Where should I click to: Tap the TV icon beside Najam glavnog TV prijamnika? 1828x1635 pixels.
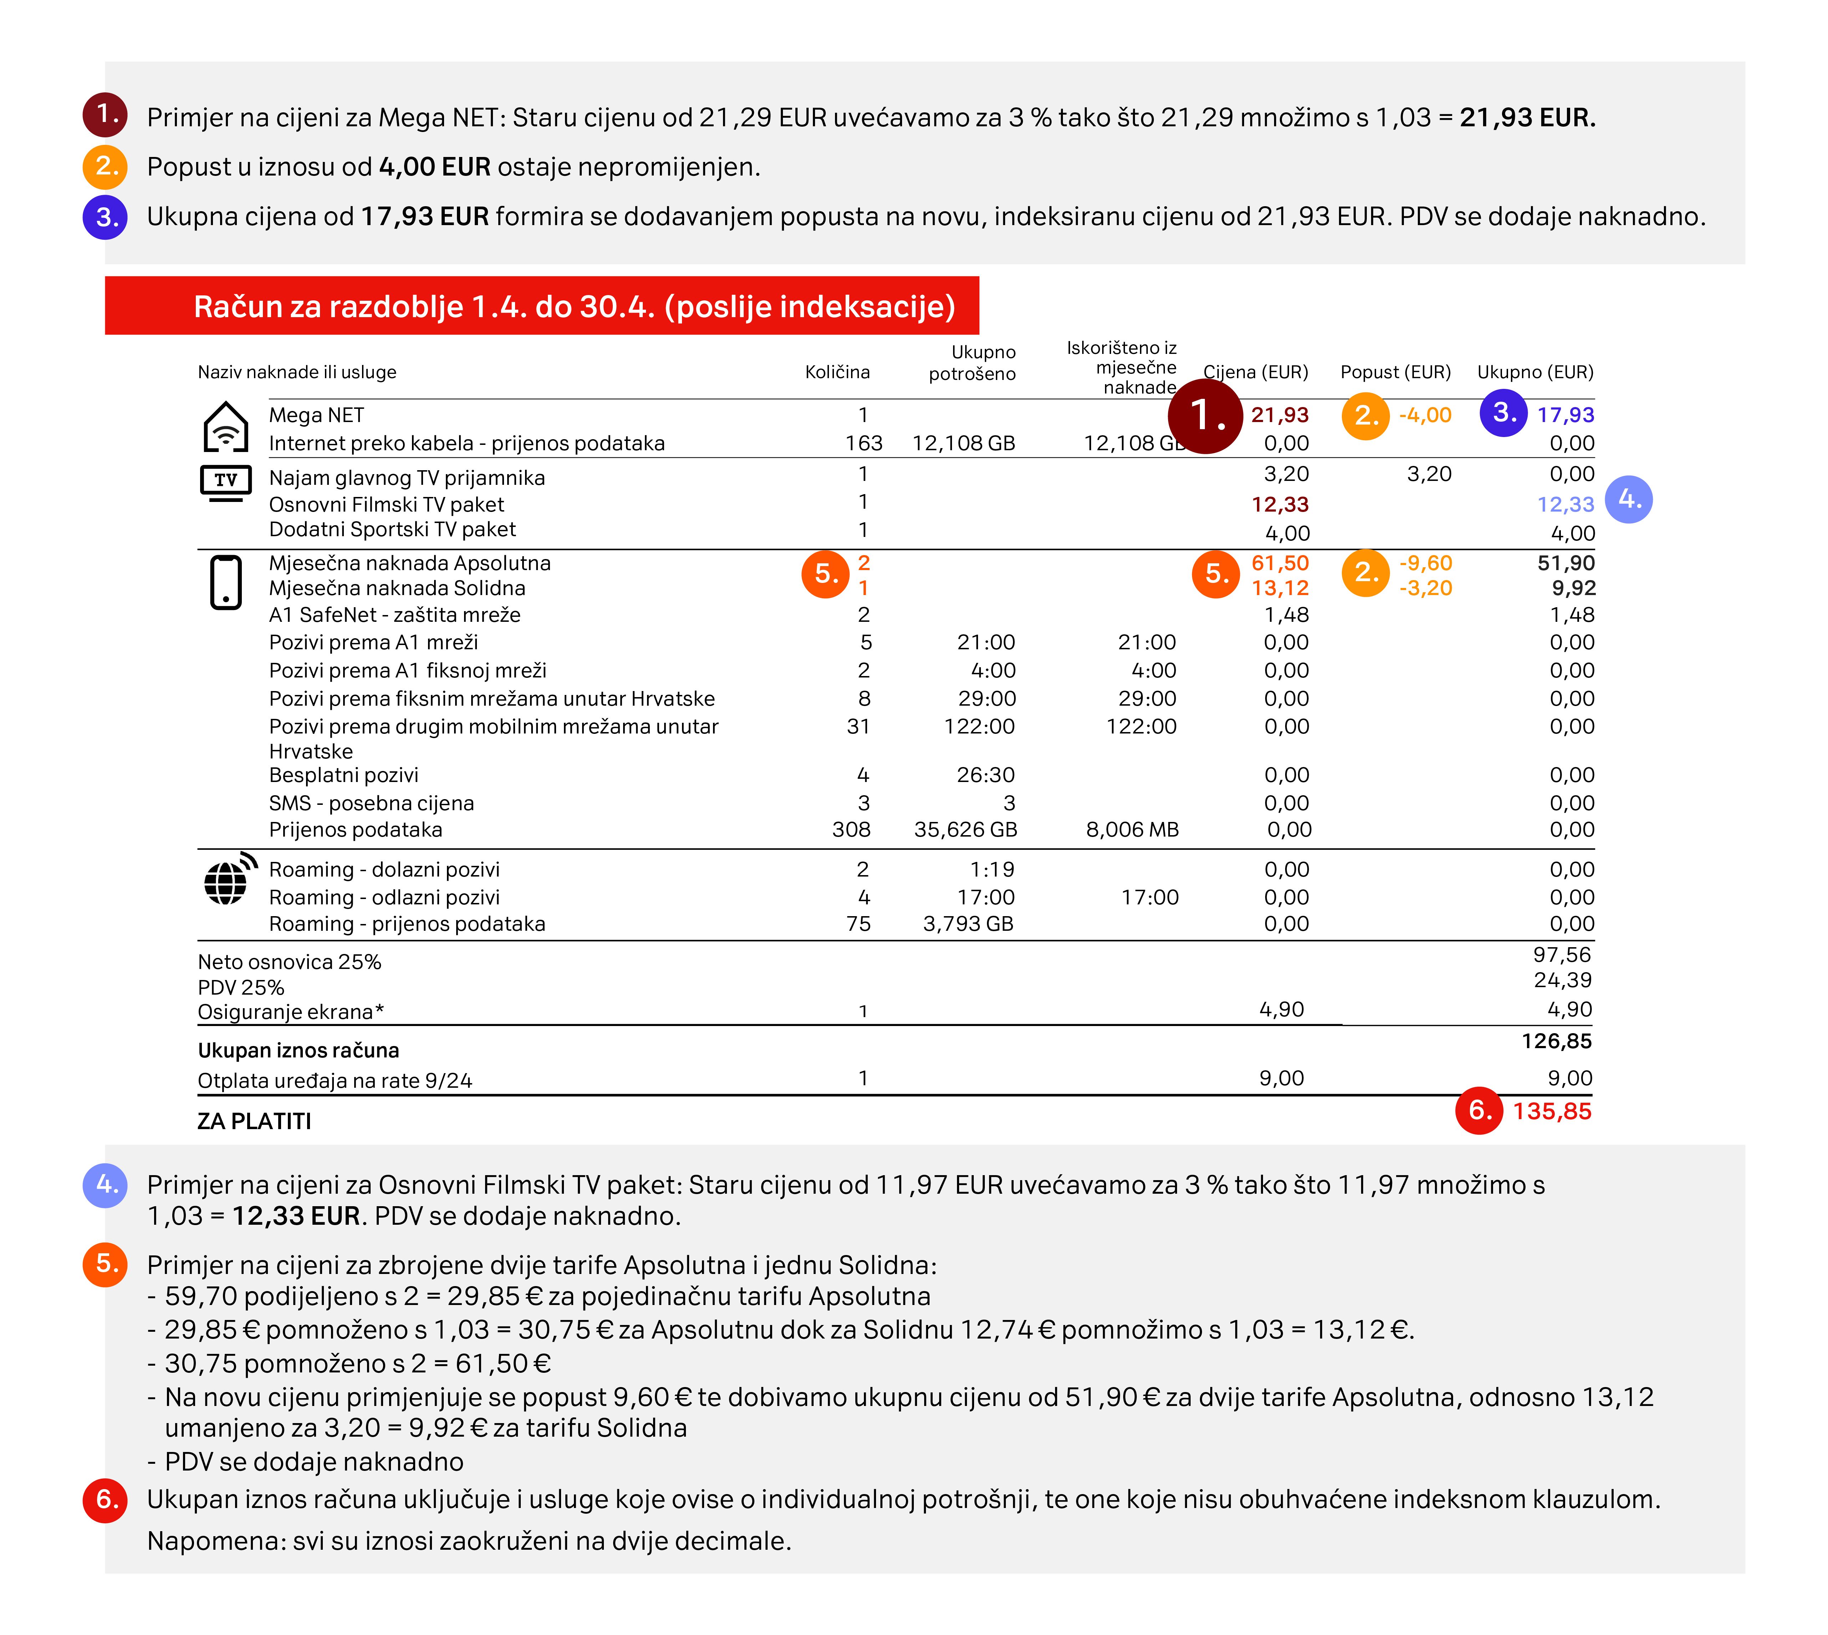coord(225,482)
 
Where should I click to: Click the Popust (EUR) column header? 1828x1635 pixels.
coord(1395,372)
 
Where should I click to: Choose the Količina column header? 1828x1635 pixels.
coord(836,372)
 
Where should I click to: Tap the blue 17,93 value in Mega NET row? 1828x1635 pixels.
coord(1565,415)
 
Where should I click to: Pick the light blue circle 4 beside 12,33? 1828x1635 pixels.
coord(1629,499)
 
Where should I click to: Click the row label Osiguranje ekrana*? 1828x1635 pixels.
coord(290,1011)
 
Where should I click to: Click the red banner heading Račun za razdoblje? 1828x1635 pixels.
coord(574,306)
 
